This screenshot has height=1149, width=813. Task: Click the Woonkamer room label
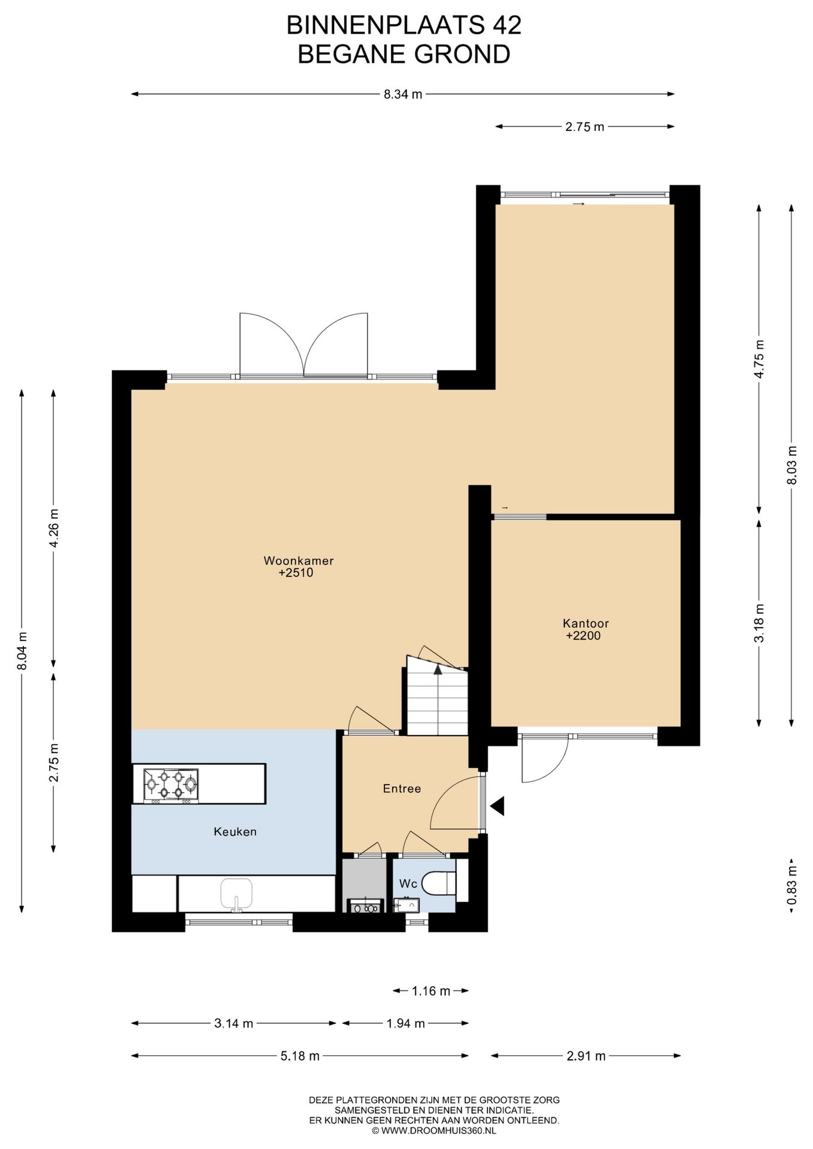298,561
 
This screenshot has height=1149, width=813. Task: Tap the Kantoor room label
586,624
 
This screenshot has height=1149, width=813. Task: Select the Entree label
402,789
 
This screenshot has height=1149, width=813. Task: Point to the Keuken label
235,832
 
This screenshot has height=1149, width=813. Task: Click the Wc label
408,884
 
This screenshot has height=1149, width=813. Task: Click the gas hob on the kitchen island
171,786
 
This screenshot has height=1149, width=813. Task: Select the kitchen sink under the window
237,895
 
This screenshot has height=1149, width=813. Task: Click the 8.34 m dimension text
403,94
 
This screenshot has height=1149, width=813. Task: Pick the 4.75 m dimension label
759,359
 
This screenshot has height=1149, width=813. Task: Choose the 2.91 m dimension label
586,1056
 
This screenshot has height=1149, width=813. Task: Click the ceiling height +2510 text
296,573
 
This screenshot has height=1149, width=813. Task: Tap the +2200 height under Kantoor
583,636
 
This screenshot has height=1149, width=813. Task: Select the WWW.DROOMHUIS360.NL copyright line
434,1130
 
